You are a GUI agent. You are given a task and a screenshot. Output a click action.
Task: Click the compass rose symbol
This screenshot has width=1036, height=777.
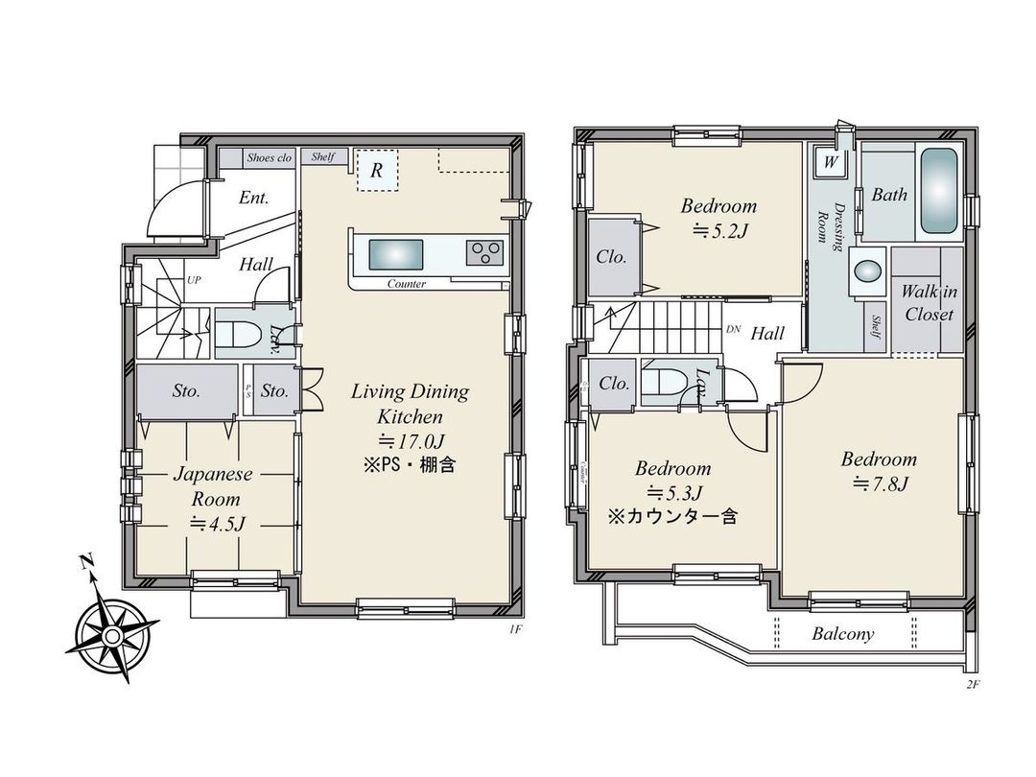112,635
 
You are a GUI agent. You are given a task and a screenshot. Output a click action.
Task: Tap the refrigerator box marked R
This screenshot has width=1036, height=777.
377,172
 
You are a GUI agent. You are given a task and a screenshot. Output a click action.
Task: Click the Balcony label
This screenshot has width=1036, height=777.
843,634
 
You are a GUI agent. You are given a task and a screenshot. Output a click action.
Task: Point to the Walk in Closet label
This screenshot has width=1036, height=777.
929,303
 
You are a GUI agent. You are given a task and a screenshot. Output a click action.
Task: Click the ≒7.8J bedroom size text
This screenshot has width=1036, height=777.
880,483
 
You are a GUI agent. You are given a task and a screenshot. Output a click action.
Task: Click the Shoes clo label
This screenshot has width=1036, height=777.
269,157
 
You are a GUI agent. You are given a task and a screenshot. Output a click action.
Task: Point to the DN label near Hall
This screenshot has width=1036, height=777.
734,329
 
